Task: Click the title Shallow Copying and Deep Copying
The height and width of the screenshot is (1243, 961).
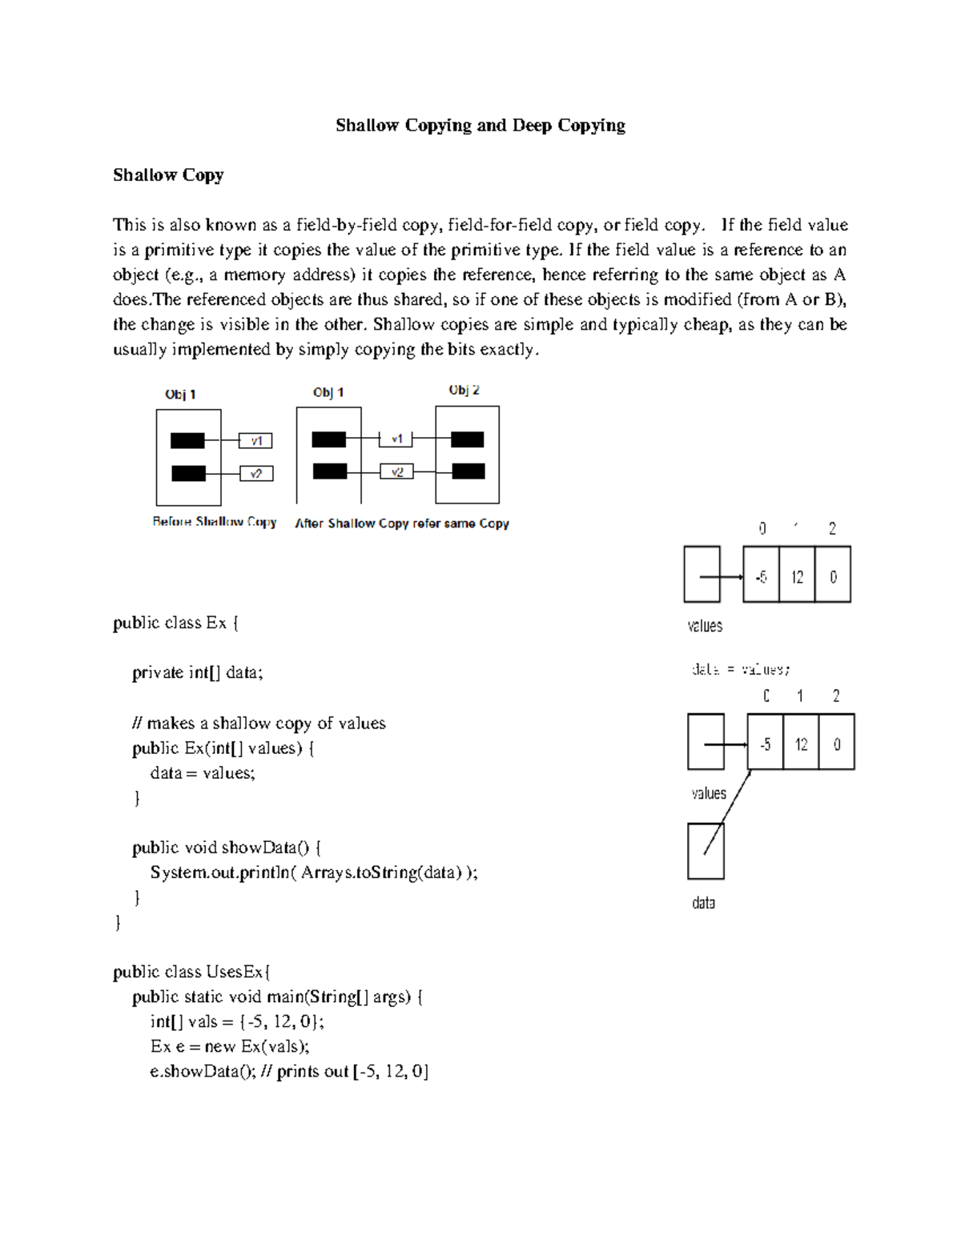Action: click(480, 125)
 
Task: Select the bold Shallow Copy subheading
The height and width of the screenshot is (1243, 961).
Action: click(168, 174)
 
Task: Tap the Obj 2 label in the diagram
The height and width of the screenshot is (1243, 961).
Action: click(464, 390)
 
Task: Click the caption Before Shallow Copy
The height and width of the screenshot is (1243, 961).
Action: click(214, 522)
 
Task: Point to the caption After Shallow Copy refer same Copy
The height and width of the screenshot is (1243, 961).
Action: click(402, 523)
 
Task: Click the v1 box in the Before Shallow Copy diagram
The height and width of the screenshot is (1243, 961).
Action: click(256, 440)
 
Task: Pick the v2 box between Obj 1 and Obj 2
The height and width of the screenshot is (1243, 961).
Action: click(396, 471)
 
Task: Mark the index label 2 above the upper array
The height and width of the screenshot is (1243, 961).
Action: click(833, 528)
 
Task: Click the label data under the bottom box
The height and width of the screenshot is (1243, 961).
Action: click(703, 903)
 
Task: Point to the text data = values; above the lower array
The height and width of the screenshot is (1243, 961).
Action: click(741, 669)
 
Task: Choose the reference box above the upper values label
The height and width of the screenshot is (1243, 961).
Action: click(702, 575)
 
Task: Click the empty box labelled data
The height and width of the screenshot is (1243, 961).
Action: click(706, 852)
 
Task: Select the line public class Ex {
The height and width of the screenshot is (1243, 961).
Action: click(175, 623)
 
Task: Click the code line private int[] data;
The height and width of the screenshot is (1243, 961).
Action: click(197, 672)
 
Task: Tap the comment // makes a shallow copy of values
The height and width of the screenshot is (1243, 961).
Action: click(259, 724)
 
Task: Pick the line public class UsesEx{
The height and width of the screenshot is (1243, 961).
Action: click(192, 972)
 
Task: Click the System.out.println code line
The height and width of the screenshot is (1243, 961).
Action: click(313, 872)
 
